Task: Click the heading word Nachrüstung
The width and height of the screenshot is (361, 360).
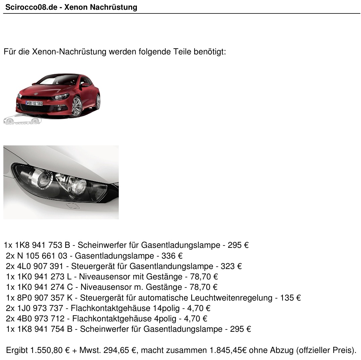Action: point(114,7)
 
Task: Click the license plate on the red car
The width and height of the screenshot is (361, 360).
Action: point(35,103)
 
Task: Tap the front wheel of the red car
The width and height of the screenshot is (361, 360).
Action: point(76,106)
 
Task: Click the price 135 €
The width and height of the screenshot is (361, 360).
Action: point(290,298)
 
